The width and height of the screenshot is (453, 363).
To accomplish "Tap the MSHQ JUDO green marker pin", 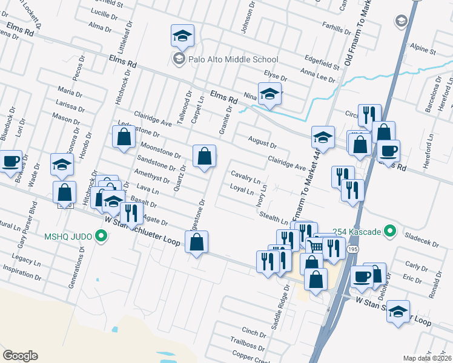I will (x=102, y=235).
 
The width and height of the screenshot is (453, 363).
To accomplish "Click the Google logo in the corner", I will (x=20, y=356).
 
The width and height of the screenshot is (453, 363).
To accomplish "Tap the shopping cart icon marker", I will (x=315, y=246).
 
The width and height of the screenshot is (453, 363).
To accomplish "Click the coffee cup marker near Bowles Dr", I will (x=10, y=162).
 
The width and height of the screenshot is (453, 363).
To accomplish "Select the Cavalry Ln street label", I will (x=246, y=177).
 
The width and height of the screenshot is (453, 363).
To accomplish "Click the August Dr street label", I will (x=262, y=142).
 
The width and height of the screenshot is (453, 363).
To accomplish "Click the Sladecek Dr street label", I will (x=425, y=241).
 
